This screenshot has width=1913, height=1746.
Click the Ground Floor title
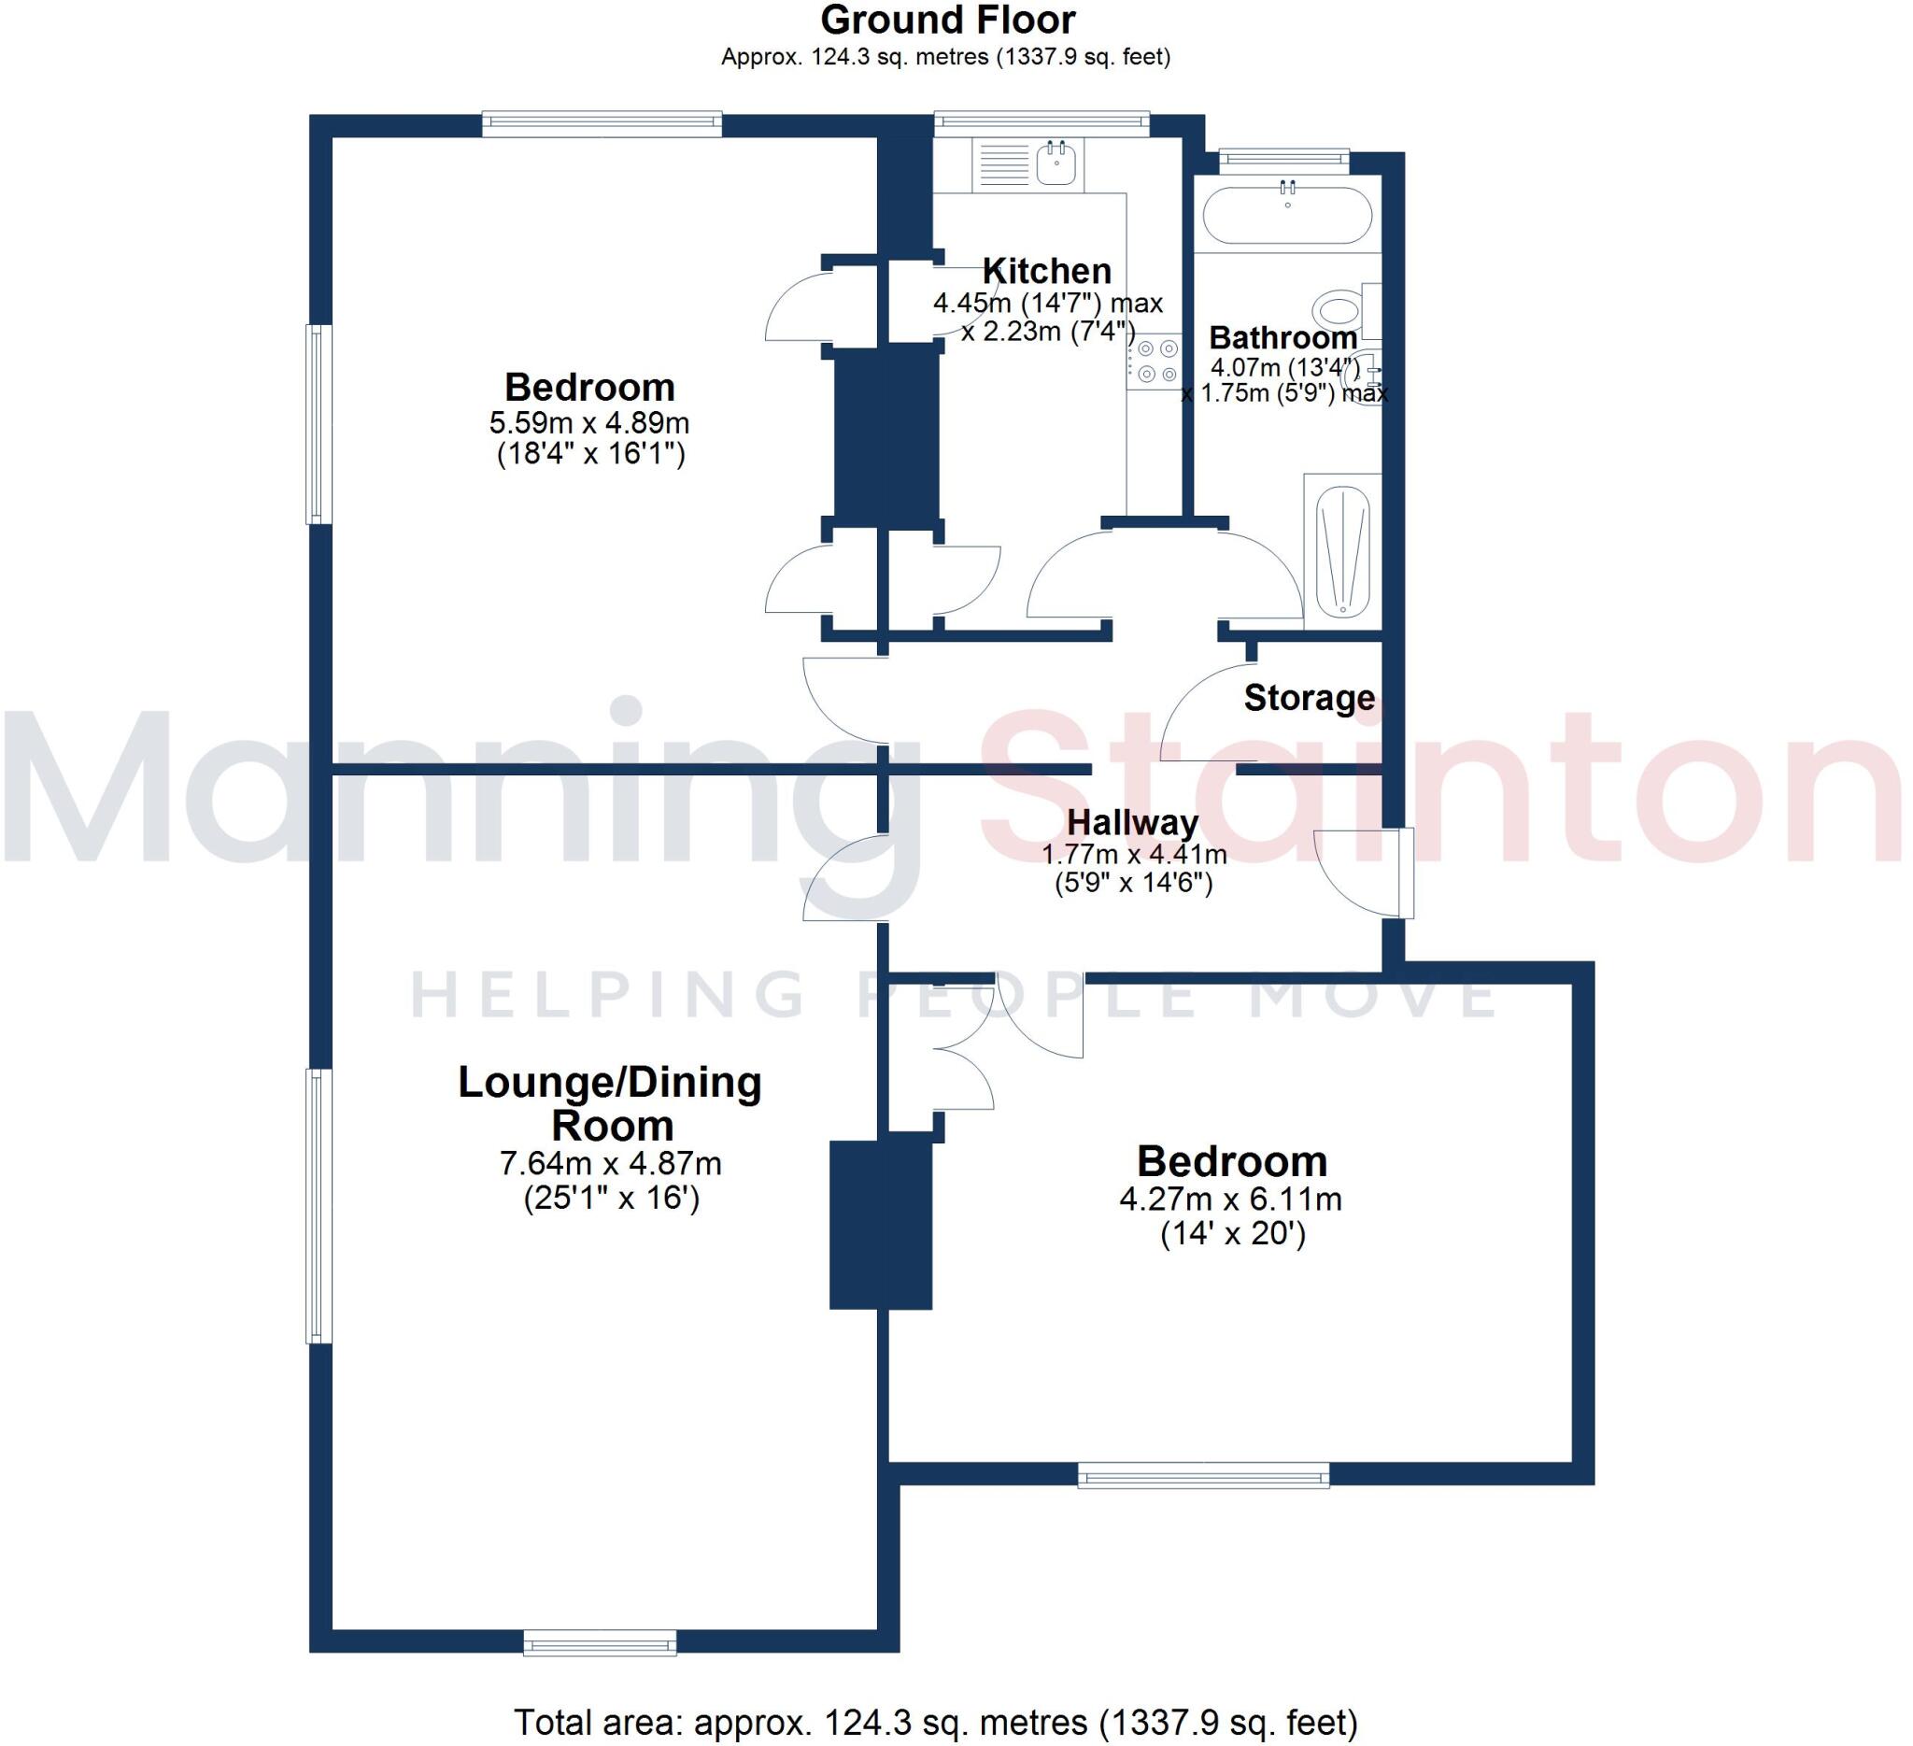(x=947, y=21)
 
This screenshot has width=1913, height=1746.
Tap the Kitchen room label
(x=1047, y=272)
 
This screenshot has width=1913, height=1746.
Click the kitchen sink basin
(x=1056, y=163)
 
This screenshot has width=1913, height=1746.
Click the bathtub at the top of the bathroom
(x=1287, y=216)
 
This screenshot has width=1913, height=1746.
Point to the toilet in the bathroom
(x=1339, y=309)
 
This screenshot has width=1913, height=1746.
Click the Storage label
(x=1309, y=698)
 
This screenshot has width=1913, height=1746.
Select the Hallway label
(x=1132, y=822)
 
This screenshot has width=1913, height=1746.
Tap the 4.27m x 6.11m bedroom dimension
(x=1231, y=1199)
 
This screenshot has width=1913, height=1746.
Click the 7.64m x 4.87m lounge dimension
(x=610, y=1162)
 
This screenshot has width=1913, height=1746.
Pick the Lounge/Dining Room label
(x=610, y=1103)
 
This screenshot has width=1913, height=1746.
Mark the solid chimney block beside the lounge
(x=881, y=1225)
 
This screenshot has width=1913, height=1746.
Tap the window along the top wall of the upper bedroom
(x=602, y=123)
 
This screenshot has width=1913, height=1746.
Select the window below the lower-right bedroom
(x=1203, y=1473)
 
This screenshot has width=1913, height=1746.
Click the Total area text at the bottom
(x=935, y=1722)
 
